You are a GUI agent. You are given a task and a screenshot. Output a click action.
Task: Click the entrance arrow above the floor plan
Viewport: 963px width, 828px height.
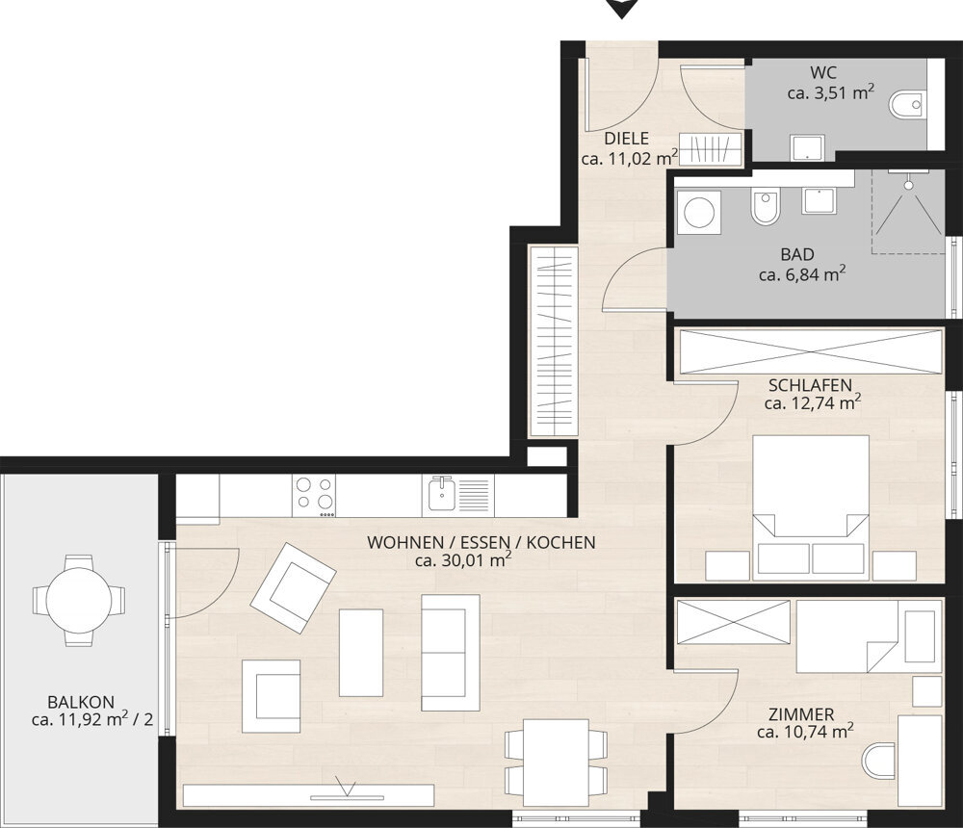[621, 8]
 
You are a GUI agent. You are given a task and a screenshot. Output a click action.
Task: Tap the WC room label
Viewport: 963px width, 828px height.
[823, 72]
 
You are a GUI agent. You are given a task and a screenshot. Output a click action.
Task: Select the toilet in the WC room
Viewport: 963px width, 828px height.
[906, 104]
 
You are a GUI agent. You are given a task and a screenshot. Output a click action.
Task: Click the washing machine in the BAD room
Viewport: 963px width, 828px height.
[699, 213]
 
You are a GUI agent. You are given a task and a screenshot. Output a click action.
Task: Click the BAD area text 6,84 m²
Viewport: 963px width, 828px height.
[802, 274]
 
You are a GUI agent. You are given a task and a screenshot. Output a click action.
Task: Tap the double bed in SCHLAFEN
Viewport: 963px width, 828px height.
[811, 508]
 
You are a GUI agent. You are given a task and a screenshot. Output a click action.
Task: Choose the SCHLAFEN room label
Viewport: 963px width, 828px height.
[810, 385]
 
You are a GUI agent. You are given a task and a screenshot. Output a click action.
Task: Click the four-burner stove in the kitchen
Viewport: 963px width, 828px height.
[315, 496]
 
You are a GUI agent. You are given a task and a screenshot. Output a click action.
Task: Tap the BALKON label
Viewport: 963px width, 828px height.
[81, 702]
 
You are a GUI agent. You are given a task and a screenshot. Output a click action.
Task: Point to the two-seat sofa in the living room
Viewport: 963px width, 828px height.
[450, 653]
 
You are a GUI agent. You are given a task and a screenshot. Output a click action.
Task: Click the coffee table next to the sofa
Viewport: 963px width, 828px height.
[361, 653]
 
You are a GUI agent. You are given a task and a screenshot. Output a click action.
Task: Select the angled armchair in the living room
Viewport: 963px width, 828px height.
[293, 588]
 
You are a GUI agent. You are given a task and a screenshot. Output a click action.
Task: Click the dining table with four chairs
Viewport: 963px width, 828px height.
[556, 762]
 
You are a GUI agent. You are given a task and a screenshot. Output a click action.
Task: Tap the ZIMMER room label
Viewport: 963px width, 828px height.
[801, 714]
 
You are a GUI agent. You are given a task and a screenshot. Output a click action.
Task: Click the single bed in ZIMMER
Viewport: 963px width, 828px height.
[869, 637]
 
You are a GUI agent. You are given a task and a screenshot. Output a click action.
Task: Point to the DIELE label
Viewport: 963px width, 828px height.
[627, 139]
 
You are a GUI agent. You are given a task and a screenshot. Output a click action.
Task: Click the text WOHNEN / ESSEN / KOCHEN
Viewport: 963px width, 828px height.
[481, 542]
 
